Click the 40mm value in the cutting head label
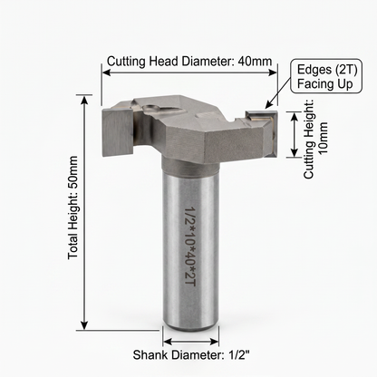tap(255, 62)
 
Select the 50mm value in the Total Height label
tap(72, 172)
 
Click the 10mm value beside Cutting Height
tap(324, 138)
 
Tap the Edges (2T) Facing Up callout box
tap(326, 76)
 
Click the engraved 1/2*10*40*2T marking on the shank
tap(190, 246)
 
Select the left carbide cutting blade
tap(118, 132)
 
